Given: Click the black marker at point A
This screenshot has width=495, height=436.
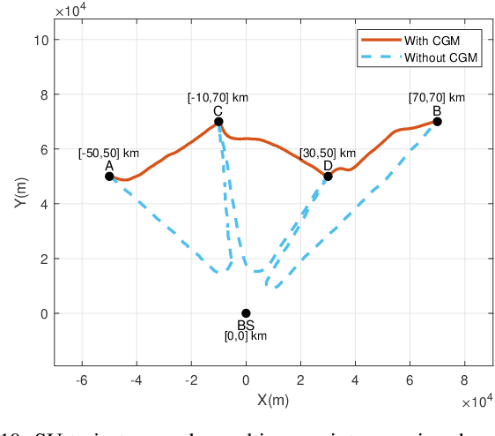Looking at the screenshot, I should pyautogui.click(x=109, y=177).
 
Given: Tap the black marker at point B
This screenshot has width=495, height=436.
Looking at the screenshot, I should pyautogui.click(x=437, y=122).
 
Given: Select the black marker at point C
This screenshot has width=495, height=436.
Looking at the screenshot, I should pyautogui.click(x=218, y=122).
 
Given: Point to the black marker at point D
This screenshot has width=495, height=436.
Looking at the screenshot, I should pyautogui.click(x=328, y=177).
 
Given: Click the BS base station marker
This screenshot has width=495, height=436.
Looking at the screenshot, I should pyautogui.click(x=246, y=313).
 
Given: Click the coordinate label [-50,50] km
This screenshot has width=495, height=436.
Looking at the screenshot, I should pyautogui.click(x=108, y=153).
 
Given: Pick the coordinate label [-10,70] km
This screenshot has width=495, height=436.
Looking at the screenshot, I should pyautogui.click(x=218, y=97).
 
